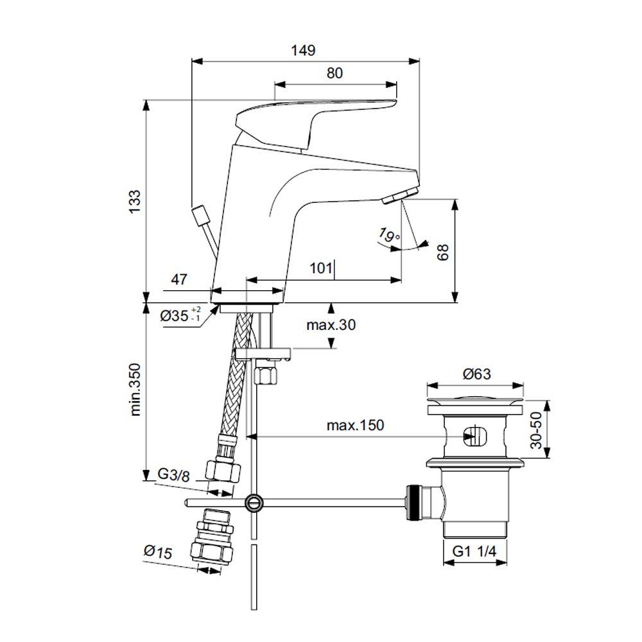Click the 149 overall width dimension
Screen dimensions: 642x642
coord(304,51)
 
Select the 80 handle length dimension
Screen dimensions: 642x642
coord(334,73)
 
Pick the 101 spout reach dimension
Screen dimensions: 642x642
coord(322,268)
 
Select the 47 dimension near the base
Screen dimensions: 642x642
coord(179,279)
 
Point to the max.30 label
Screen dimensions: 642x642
coord(331,325)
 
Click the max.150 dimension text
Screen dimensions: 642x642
coord(354,425)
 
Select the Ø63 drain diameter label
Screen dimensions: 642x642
coord(475,373)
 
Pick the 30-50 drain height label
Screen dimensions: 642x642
coord(537,429)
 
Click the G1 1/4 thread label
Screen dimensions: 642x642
coord(475,551)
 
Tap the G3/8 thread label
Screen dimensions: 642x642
coord(173,475)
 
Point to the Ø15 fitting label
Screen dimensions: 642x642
coord(158,551)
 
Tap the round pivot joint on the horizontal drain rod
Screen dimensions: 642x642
coord(255,502)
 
